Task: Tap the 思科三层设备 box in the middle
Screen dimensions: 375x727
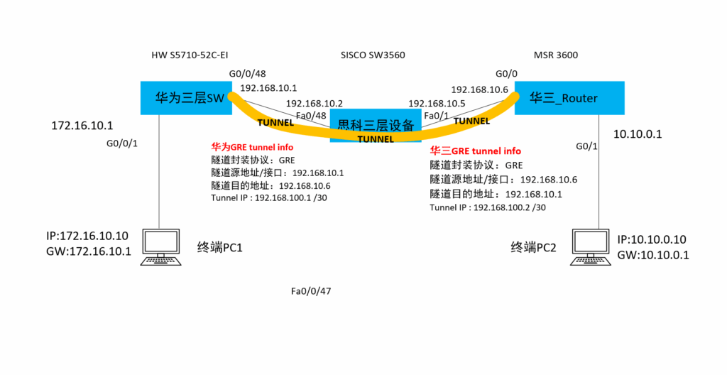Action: (376, 126)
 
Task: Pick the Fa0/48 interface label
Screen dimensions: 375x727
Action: (310, 116)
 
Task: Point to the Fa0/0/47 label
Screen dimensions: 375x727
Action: (311, 291)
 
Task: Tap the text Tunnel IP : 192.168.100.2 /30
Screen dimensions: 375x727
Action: (488, 207)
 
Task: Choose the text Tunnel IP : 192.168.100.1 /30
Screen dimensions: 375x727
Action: (269, 198)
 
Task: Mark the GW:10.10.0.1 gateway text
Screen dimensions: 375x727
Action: (653, 255)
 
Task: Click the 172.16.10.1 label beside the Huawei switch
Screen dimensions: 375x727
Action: (82, 126)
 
